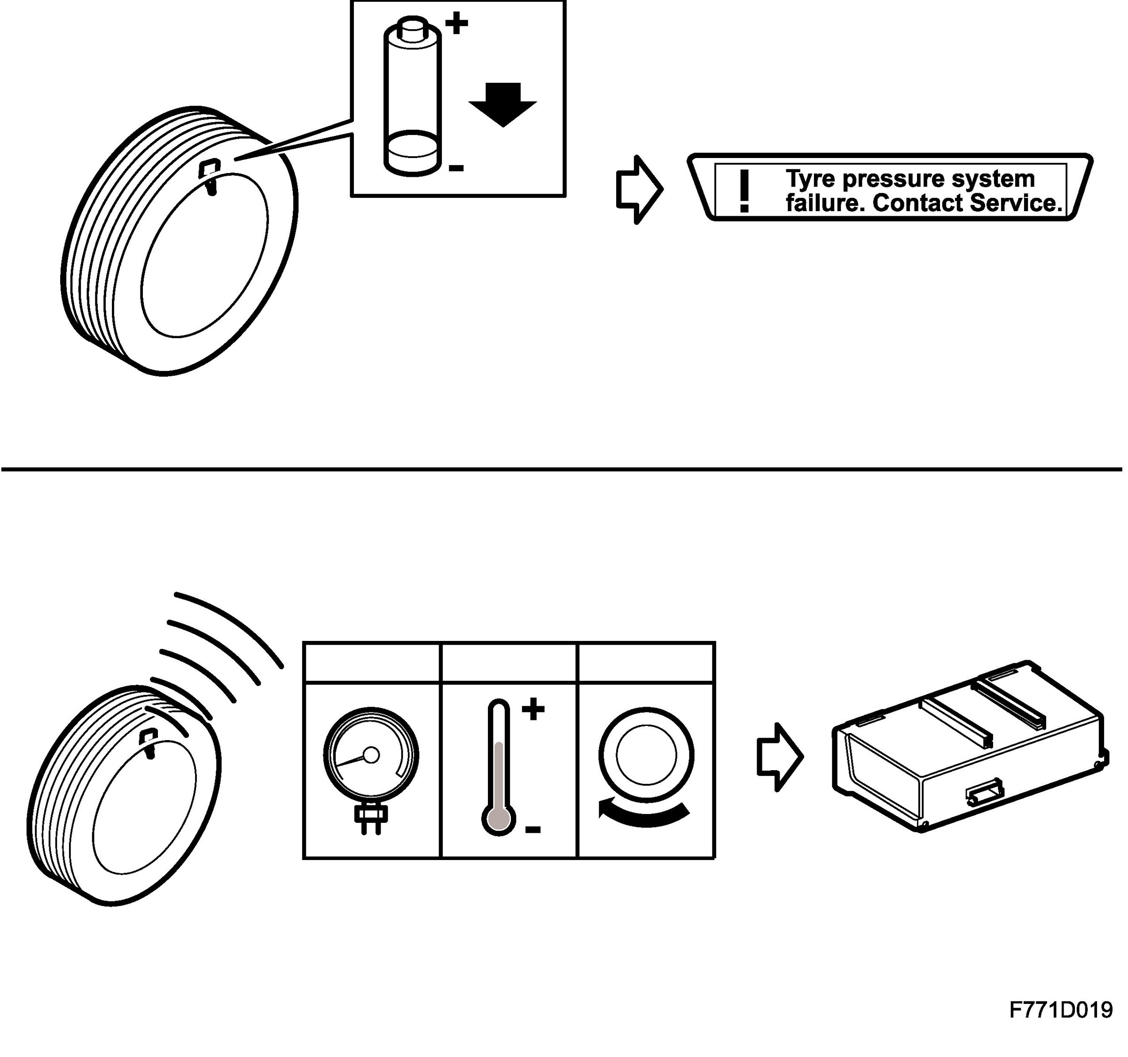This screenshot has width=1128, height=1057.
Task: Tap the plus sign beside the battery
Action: click(x=456, y=25)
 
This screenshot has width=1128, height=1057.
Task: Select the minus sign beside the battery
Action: click(x=456, y=168)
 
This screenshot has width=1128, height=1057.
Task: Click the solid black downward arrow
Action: click(x=503, y=104)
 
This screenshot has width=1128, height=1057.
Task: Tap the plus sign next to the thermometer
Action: click(x=533, y=710)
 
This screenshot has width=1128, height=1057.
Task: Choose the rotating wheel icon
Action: click(x=646, y=756)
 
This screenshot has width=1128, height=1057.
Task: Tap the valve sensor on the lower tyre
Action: click(x=148, y=741)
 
